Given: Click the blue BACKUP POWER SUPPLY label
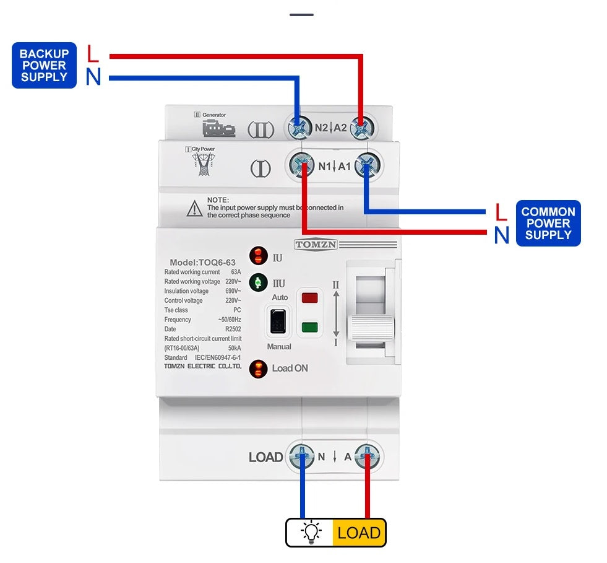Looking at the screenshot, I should tap(44, 65).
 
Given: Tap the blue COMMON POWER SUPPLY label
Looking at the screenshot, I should tap(548, 223).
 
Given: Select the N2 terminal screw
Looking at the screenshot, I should tap(299, 129).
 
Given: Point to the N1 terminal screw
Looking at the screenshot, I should tap(303, 166).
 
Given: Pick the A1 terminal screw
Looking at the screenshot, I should tap(368, 166).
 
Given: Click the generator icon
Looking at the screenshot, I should tap(218, 129).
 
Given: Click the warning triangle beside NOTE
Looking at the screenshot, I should tap(195, 209).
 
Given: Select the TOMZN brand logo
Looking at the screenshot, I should tap(316, 244).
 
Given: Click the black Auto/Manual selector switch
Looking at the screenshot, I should tap(278, 320).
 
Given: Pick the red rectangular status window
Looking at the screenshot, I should tap(309, 298).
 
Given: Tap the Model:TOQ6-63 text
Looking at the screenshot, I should tap(202, 263).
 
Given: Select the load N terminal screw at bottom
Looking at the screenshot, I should tap(303, 457).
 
